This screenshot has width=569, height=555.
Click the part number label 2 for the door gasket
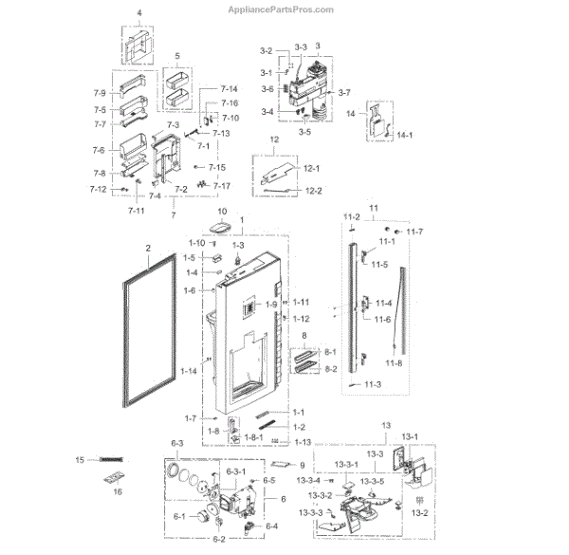[148, 250]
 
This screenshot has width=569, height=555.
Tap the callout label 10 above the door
[224, 212]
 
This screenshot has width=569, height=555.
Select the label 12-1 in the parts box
[314, 168]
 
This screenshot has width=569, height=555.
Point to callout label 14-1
[405, 137]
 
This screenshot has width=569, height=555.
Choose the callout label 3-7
[343, 92]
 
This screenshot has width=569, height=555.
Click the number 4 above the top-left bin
[138, 13]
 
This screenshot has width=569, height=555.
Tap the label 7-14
[229, 89]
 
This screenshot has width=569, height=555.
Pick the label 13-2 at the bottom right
[417, 512]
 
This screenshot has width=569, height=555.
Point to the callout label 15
[80, 459]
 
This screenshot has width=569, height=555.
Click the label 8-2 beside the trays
[331, 368]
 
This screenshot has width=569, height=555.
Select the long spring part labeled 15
[112, 460]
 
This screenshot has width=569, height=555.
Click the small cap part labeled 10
[222, 229]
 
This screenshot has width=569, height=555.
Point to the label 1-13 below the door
[303, 443]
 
